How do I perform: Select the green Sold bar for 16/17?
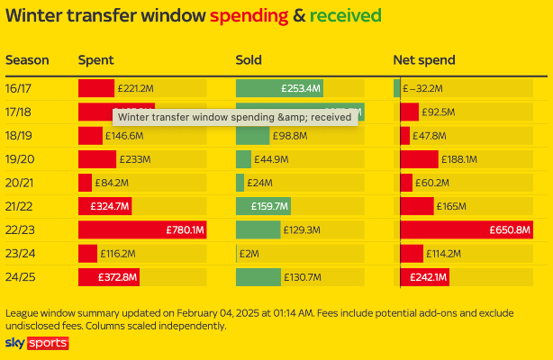(279, 88)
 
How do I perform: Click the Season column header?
(27, 60)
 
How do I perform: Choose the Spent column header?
(95, 60)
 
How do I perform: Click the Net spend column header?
(423, 60)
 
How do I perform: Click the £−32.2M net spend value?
(423, 88)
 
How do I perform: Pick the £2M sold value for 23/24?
(249, 254)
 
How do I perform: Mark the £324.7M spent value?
(111, 206)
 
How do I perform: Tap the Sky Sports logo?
(36, 344)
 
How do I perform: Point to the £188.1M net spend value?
(460, 159)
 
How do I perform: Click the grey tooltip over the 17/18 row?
(235, 116)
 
